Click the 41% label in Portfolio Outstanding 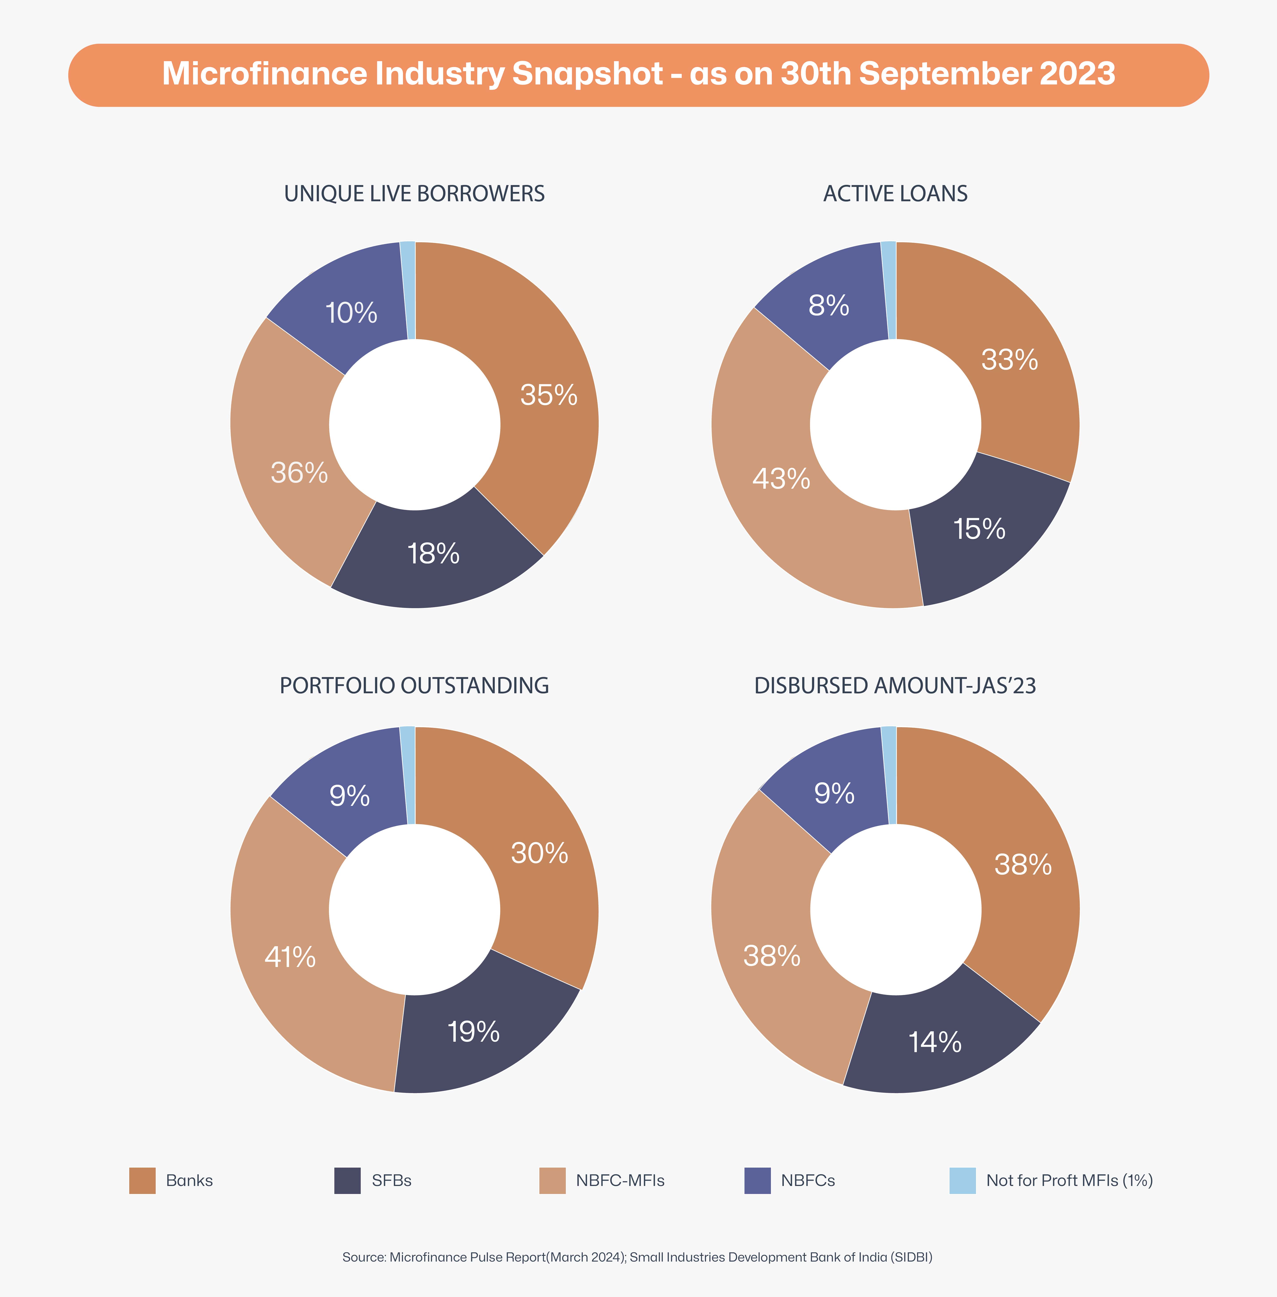click(290, 957)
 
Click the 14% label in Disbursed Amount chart click(934, 1042)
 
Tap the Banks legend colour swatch click(142, 1180)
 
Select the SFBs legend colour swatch click(347, 1180)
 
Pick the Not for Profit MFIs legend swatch click(962, 1180)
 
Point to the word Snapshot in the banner click(587, 74)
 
